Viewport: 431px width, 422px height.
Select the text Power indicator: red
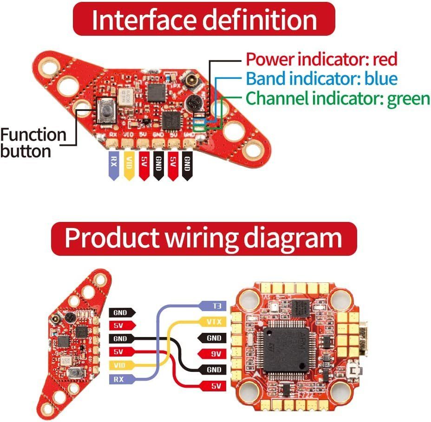point(321,59)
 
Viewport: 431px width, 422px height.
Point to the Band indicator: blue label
point(321,78)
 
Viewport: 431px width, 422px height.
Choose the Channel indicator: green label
point(338,98)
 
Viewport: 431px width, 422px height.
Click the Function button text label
point(33,143)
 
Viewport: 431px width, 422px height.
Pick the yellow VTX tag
point(213,321)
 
